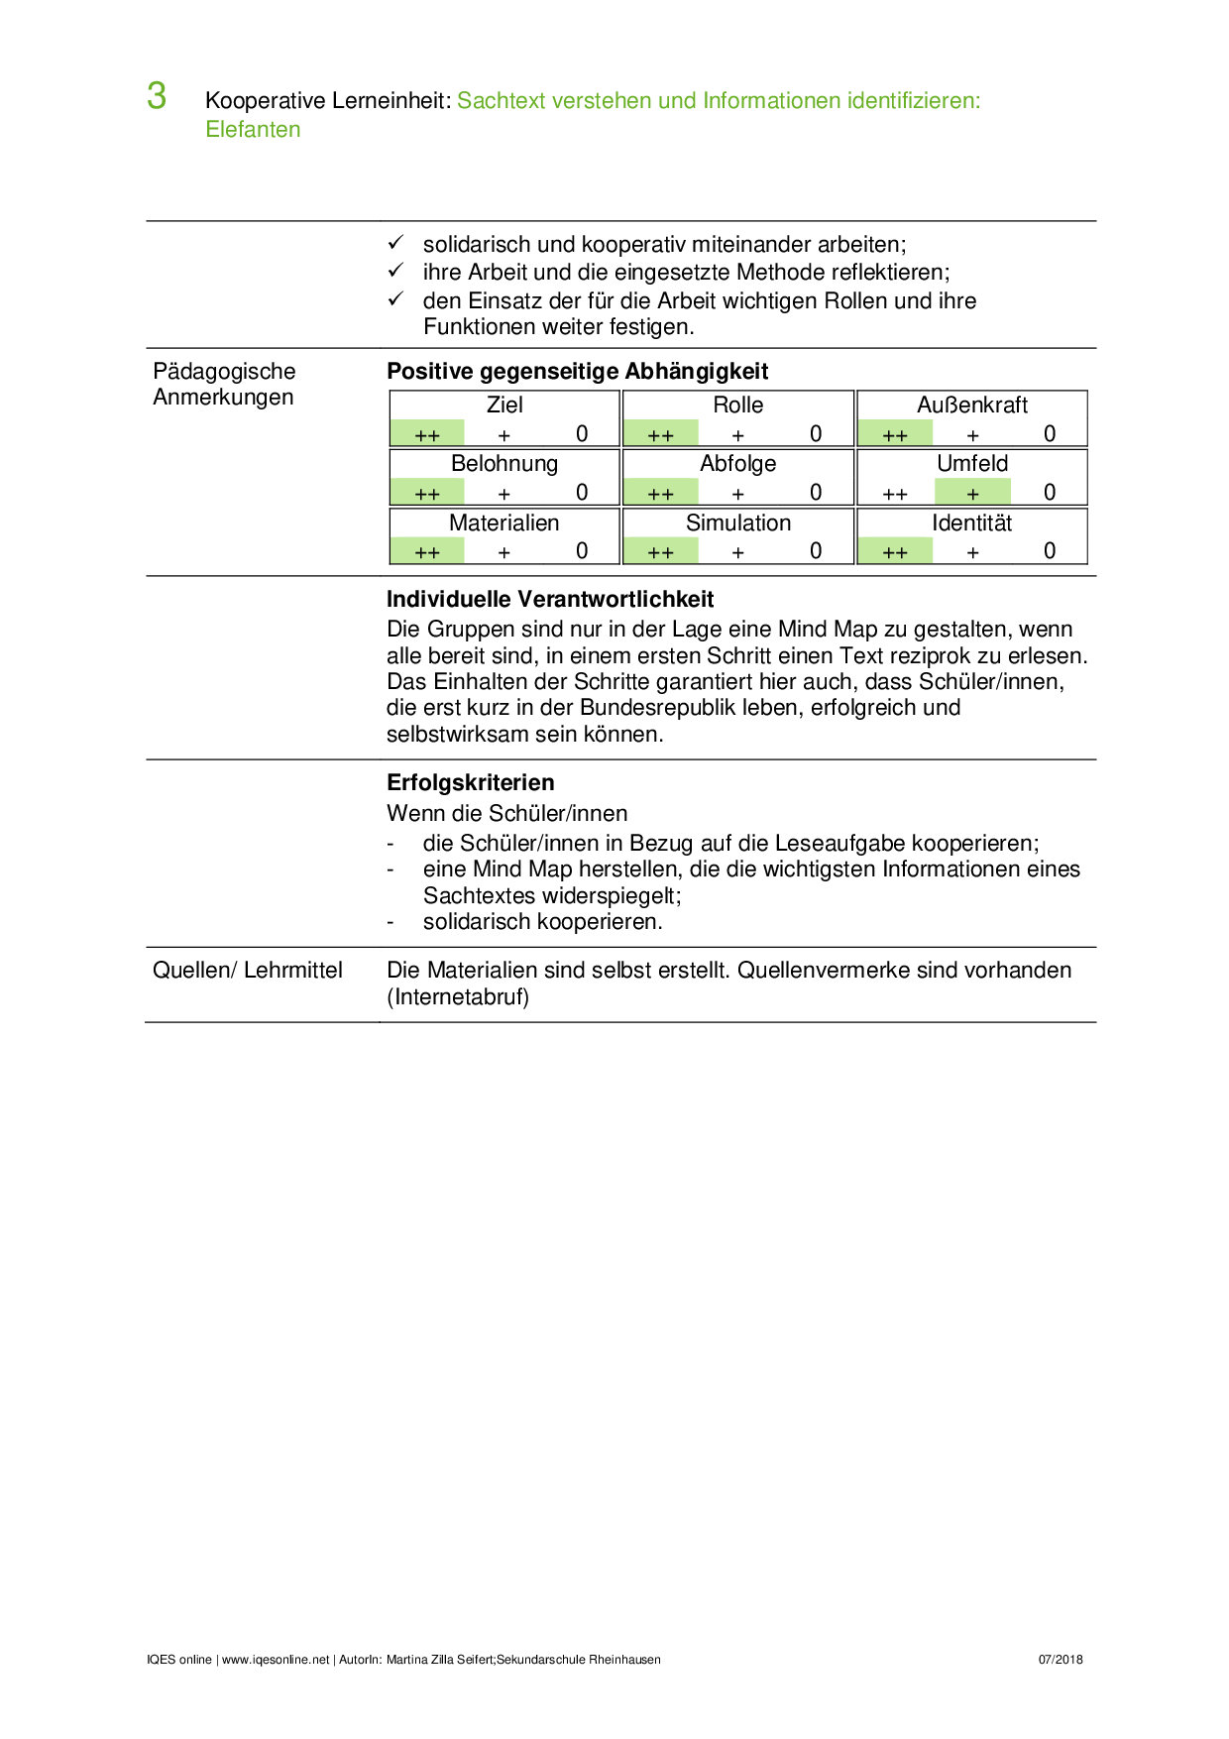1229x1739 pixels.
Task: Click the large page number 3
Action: pos(157,96)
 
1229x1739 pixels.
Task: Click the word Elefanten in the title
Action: pos(253,130)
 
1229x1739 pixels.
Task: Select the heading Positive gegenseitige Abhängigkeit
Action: pos(577,372)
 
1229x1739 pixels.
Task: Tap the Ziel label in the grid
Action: pos(504,406)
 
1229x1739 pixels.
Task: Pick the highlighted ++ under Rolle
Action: pos(661,434)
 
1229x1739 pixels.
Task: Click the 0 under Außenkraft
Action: pos(1050,434)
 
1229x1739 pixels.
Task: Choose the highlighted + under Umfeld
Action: pos(972,493)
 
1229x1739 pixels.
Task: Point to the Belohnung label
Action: pos(504,464)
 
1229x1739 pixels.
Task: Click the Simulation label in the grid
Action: pos(738,523)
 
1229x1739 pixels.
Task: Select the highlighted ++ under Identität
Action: pos(895,552)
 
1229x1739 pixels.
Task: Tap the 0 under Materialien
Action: pos(582,551)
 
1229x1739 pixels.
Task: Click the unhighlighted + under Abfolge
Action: pos(738,493)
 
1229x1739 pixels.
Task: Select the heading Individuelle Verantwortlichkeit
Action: pos(550,600)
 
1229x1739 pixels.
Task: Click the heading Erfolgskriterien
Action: pos(470,783)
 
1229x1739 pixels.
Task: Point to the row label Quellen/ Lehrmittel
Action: pos(248,971)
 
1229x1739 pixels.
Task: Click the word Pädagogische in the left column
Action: pos(225,372)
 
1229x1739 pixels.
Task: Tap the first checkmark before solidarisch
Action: pos(395,243)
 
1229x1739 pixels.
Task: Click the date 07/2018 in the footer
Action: pos(1061,1660)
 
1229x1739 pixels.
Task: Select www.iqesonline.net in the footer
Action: pos(276,1660)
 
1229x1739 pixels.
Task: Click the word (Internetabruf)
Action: pos(458,997)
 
